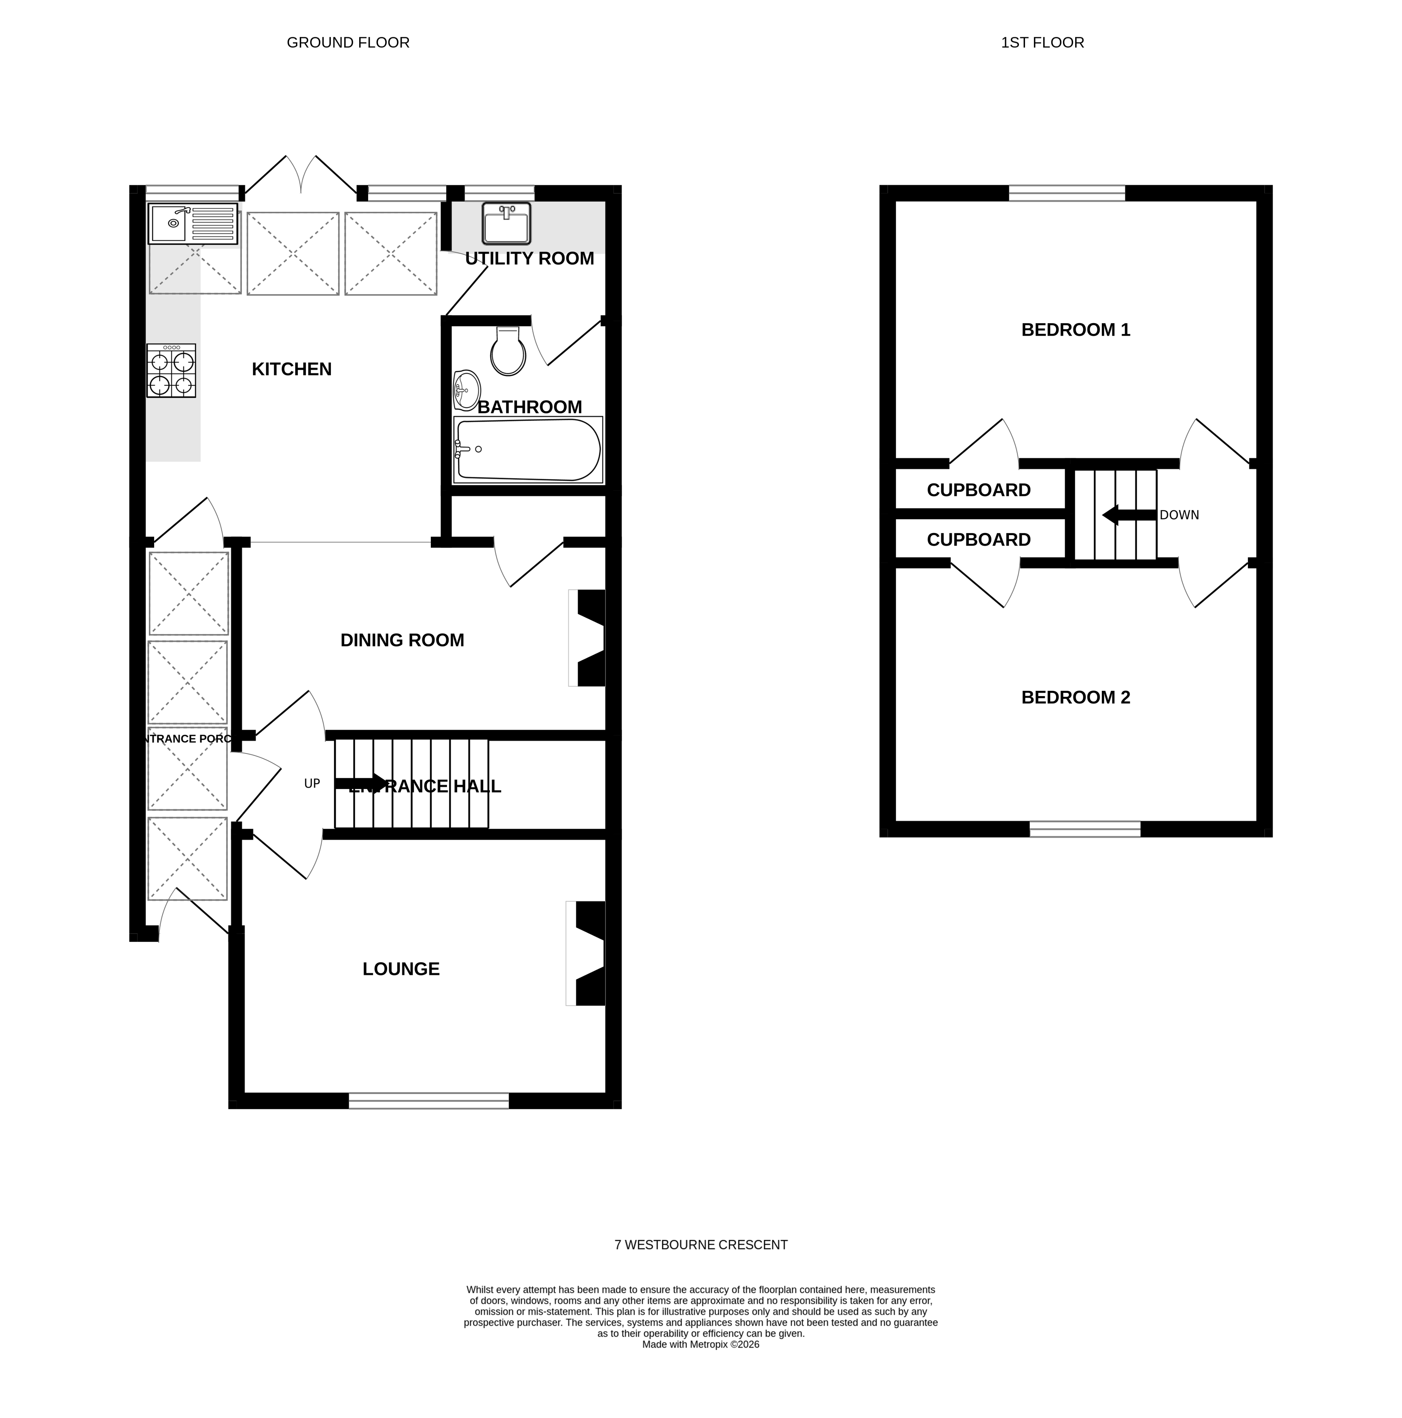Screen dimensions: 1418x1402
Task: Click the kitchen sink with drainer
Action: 193,224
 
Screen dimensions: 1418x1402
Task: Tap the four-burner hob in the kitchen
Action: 171,370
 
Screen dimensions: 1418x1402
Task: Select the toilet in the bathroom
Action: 507,351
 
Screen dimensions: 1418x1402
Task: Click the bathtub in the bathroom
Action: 527,449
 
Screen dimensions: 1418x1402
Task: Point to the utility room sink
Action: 506,223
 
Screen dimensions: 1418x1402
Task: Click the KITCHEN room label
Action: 291,369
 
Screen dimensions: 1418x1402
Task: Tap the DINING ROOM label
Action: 402,640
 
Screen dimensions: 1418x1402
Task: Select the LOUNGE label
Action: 401,969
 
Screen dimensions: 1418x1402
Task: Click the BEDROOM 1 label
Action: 1075,330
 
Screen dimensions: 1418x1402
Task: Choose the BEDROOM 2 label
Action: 1075,697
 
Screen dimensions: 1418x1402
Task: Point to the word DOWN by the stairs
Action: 1178,515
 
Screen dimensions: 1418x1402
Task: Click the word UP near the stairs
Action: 312,784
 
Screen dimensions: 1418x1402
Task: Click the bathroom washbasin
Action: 466,390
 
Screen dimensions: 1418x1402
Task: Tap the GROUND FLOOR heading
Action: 348,42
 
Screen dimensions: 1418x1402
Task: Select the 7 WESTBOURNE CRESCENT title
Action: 700,1245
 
